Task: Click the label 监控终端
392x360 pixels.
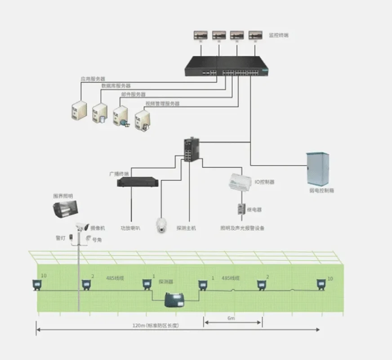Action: tap(279, 35)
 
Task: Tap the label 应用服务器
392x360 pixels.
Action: tap(93, 79)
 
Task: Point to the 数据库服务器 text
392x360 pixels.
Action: tap(116, 85)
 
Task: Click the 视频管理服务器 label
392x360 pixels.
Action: tap(162, 103)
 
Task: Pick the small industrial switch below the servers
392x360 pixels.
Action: tap(189, 150)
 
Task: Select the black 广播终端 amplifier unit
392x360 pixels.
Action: tap(138, 182)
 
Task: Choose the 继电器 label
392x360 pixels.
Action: tap(255, 210)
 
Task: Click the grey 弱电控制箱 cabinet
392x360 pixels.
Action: tap(317, 169)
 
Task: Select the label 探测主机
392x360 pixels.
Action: tap(186, 228)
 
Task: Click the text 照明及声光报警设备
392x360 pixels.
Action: tap(242, 228)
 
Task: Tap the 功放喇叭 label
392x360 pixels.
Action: tap(130, 228)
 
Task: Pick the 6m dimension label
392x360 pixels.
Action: tap(231, 318)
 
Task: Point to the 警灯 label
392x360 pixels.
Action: tap(61, 238)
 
